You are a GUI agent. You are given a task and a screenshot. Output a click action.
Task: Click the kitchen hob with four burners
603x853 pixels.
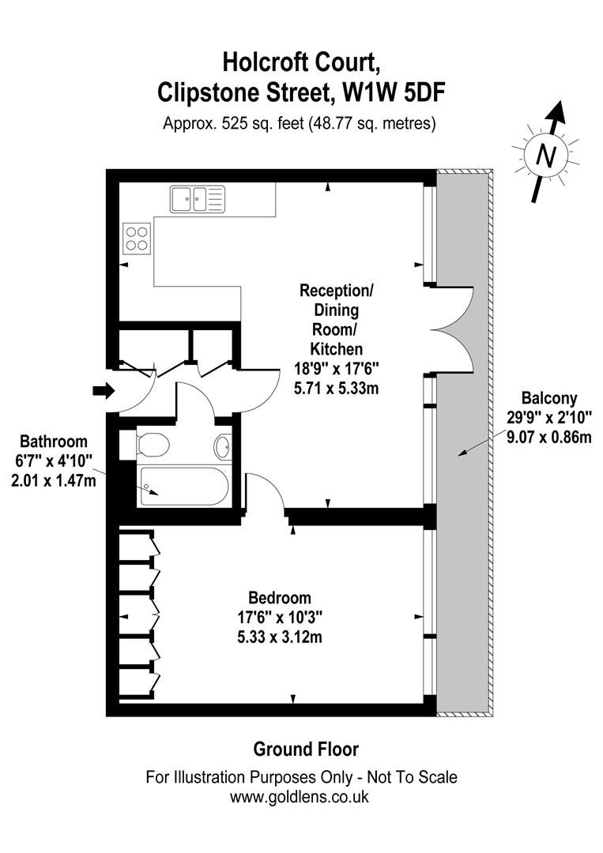(137, 238)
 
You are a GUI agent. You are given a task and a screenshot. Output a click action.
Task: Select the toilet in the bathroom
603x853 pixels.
(153, 446)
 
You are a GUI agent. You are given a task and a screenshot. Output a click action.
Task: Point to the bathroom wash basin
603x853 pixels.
(222, 447)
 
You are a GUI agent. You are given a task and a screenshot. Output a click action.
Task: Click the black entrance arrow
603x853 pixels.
(104, 389)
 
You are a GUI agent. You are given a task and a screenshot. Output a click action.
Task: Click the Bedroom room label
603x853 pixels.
(279, 597)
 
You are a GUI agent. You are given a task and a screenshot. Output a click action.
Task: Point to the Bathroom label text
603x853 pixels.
(54, 442)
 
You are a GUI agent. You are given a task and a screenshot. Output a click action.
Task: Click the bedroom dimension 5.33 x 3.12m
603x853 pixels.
(279, 637)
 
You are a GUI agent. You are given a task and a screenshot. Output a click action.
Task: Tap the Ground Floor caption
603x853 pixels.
(305, 748)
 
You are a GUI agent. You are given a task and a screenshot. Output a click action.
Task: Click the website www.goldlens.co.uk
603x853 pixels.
(300, 797)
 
